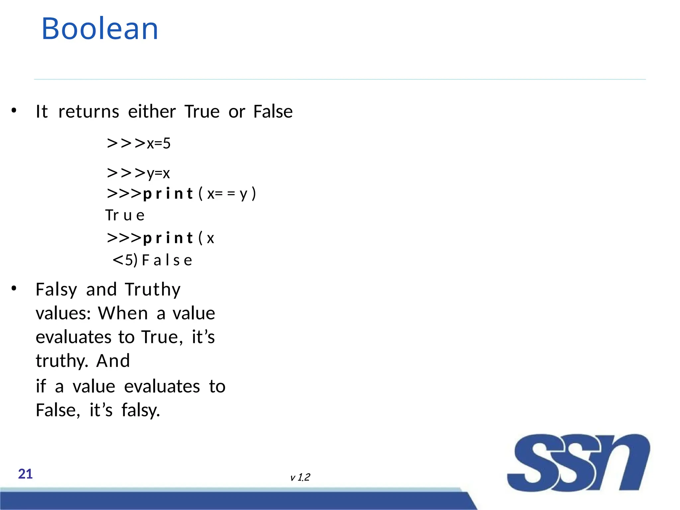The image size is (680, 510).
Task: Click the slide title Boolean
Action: (100, 29)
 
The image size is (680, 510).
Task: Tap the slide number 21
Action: (25, 474)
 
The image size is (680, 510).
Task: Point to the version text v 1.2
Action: (300, 477)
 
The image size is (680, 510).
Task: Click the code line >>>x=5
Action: (138, 143)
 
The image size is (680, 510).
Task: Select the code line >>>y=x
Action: (138, 173)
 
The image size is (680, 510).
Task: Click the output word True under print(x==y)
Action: (125, 215)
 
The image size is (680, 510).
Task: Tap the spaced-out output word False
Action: (167, 260)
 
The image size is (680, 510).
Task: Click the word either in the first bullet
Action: (152, 112)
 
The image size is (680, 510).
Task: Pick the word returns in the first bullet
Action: (89, 112)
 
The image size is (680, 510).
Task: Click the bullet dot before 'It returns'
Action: (14, 111)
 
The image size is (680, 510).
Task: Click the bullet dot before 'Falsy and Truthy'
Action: (14, 288)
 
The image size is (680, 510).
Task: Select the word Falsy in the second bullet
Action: (56, 290)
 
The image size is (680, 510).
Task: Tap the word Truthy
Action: (153, 290)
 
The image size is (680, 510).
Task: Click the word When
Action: (123, 313)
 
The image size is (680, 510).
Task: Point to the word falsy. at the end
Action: (141, 410)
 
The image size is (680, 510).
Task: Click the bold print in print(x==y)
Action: (168, 194)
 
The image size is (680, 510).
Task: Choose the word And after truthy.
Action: (113, 361)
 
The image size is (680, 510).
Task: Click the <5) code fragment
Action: (125, 260)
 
